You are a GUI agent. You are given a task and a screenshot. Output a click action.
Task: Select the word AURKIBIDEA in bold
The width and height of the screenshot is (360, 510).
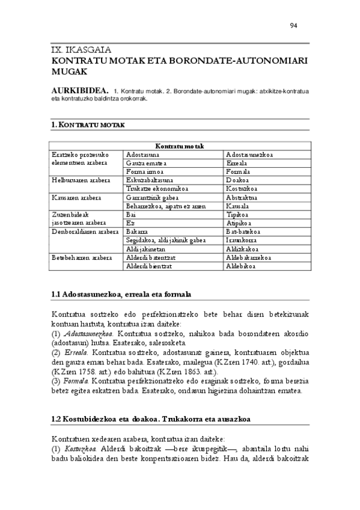[76, 91]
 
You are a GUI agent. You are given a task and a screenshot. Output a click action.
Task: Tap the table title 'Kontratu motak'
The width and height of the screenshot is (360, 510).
[180, 146]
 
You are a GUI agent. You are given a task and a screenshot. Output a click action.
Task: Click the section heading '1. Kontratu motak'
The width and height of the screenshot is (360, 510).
[88, 124]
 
